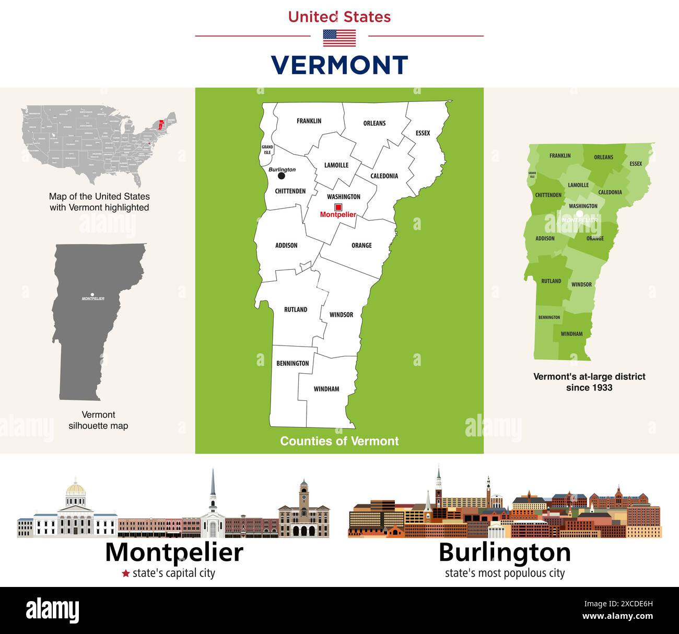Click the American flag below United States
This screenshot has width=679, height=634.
point(340,38)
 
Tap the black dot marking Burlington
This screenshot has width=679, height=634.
point(282,176)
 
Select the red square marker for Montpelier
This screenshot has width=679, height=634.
point(338,207)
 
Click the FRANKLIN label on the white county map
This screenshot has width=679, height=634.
point(309,121)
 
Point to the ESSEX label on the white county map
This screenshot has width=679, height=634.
point(423,133)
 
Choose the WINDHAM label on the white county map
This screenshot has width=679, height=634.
point(326,389)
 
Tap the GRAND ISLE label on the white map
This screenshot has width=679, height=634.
point(267,149)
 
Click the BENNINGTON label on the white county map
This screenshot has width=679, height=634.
point(292,363)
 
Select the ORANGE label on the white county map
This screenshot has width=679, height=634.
point(361,245)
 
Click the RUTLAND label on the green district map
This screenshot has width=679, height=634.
point(551,281)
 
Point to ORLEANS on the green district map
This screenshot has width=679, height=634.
point(603,157)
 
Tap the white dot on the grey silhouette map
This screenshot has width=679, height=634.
point(92,295)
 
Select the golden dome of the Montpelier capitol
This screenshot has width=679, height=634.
point(76,489)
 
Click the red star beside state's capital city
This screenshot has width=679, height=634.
point(125,573)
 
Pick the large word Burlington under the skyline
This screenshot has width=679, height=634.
point(505,552)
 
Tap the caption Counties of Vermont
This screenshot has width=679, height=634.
point(340,441)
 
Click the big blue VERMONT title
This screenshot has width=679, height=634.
point(340,65)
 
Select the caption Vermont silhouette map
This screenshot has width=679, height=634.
point(98,420)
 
